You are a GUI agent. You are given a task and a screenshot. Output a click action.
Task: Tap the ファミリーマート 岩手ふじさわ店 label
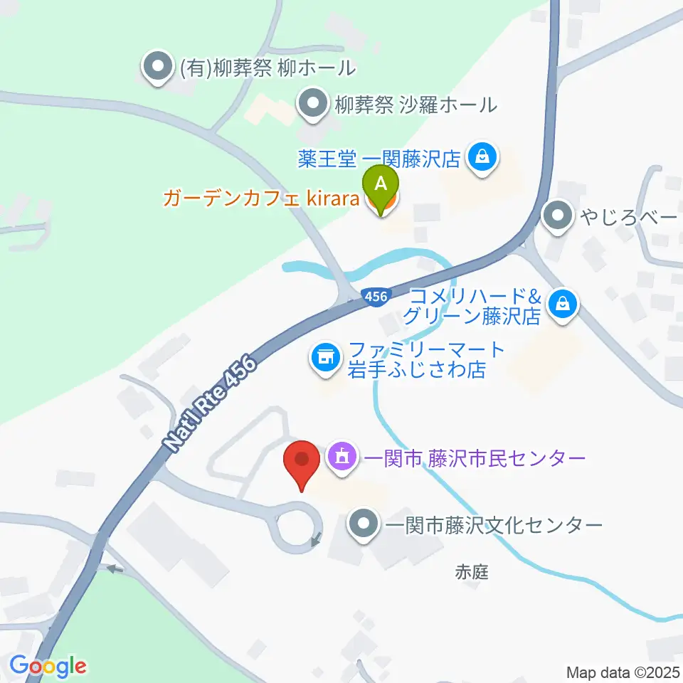coord(425,360)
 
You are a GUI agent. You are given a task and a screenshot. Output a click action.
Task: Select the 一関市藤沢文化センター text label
coord(494,526)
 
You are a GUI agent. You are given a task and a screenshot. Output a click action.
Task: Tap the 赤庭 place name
coord(472,571)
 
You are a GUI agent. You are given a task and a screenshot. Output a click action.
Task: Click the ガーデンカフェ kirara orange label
coord(260,198)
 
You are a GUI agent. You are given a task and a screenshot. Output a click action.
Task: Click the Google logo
coord(48,666)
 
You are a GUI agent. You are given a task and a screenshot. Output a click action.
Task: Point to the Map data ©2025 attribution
coord(623,672)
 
